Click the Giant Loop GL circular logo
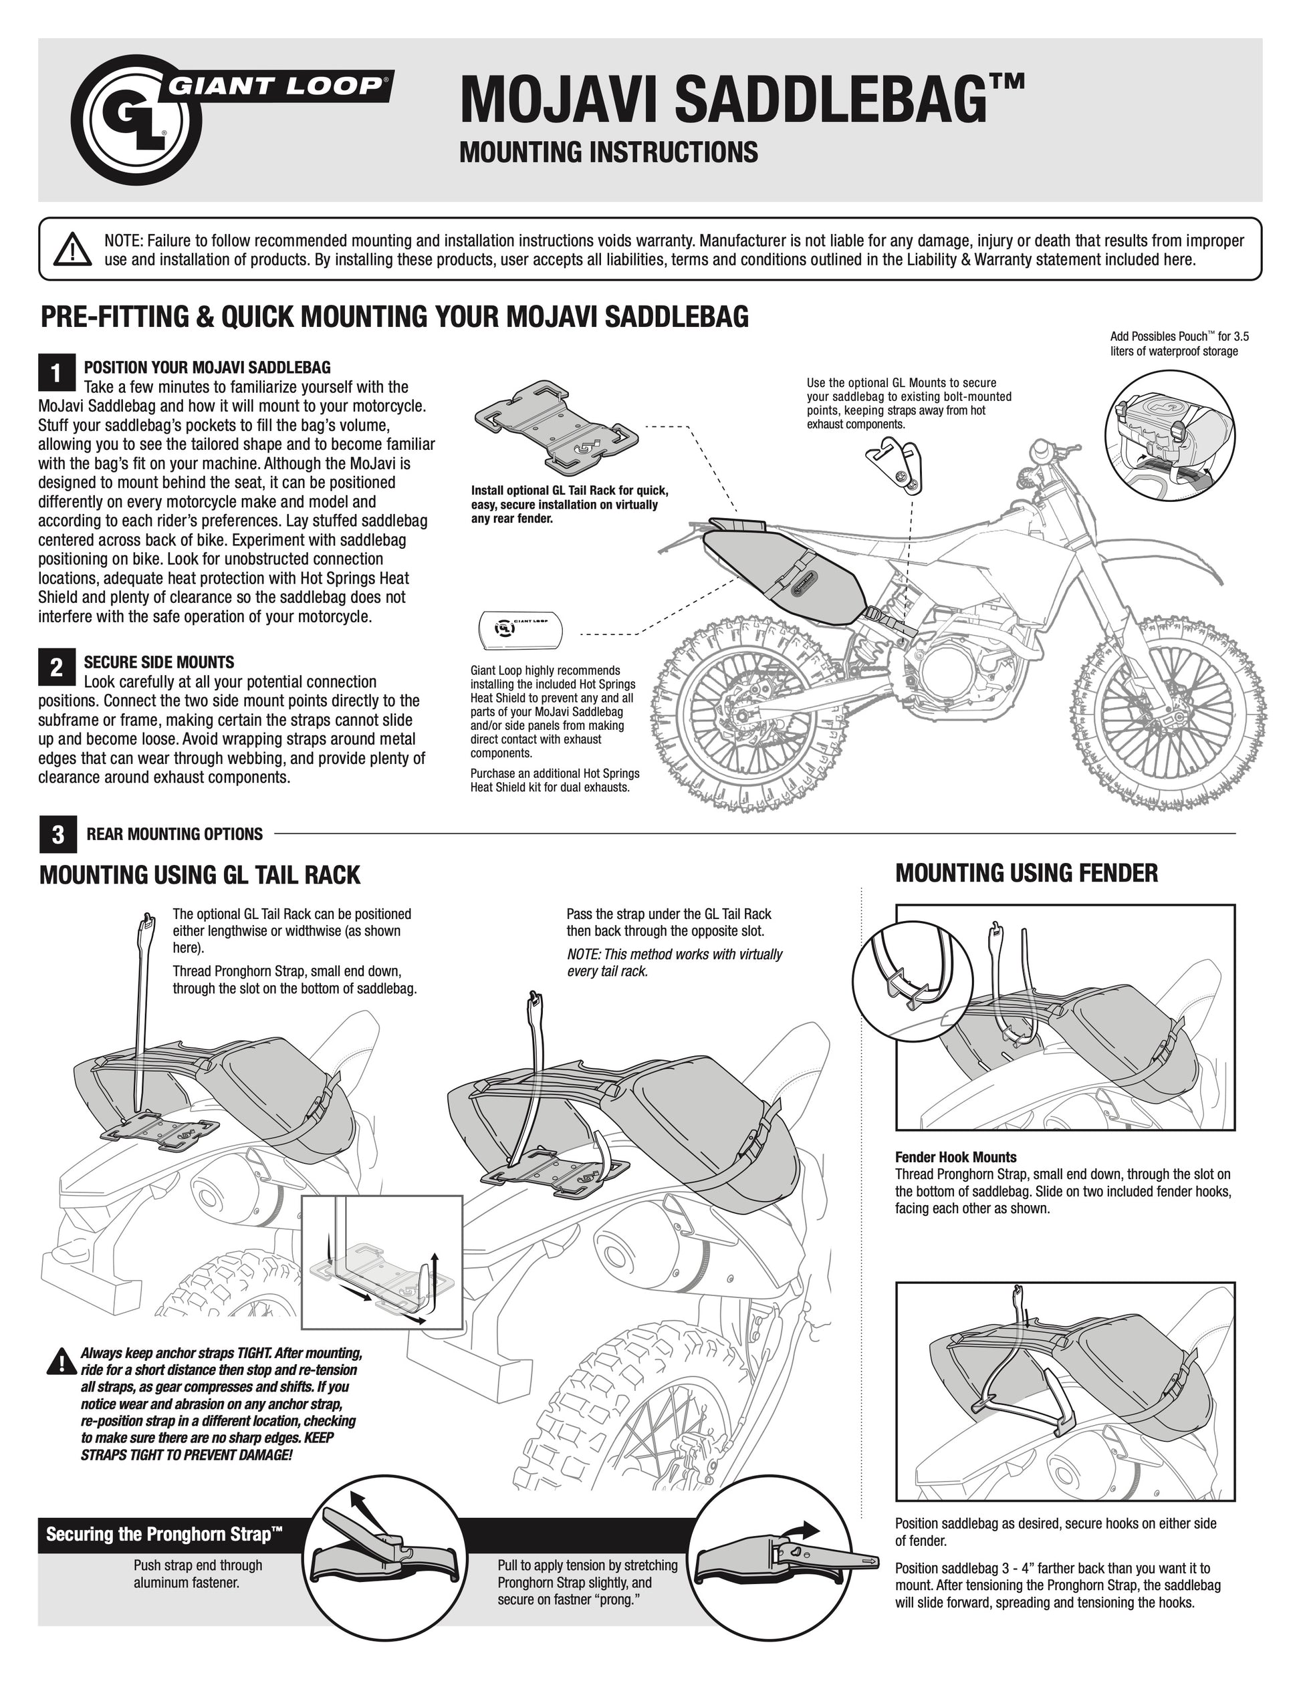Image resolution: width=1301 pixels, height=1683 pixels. (142, 120)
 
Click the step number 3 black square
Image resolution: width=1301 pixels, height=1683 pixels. (56, 835)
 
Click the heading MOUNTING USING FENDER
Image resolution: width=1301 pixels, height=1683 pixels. (1027, 873)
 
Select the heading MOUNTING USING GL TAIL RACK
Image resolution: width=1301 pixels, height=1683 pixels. (200, 876)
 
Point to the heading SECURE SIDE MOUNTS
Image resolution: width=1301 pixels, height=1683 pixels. (158, 662)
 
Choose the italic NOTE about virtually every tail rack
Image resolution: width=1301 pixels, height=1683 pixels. (675, 962)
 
